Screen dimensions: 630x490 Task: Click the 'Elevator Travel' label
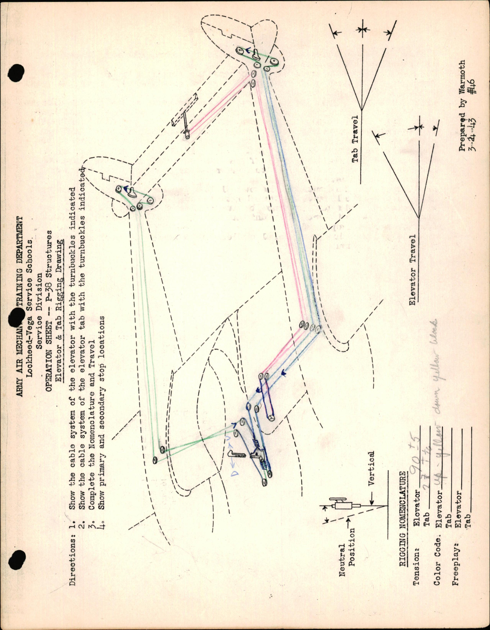pyautogui.click(x=412, y=270)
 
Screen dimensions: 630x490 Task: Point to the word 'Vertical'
pyautogui.click(x=371, y=468)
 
